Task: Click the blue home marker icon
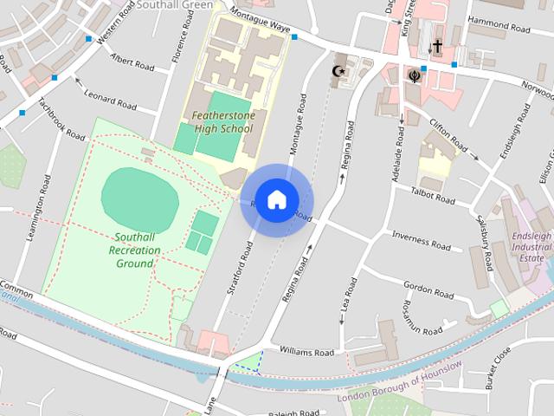pyautogui.click(x=276, y=199)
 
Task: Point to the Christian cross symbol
pyautogui.click(x=437, y=46)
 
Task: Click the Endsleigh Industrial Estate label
pyautogui.click(x=530, y=247)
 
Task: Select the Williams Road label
pyautogui.click(x=307, y=353)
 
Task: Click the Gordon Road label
pyautogui.click(x=428, y=286)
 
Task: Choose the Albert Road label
pyautogui.click(x=132, y=64)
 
